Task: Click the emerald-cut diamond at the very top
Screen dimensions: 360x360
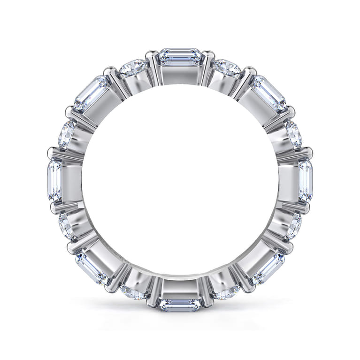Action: tap(180, 57)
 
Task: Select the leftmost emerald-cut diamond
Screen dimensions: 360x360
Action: tap(54, 180)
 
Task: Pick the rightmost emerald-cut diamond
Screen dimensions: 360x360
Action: tap(305, 180)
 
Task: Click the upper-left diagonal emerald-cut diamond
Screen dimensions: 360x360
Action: tap(91, 93)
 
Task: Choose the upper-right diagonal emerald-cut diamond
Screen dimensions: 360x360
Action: tap(268, 93)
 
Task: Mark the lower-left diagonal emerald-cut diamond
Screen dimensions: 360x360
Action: tap(91, 268)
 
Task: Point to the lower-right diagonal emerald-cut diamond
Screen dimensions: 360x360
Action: tap(268, 268)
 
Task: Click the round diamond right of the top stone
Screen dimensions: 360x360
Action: tap(228, 69)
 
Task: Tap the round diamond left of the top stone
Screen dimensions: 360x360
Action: tap(133, 69)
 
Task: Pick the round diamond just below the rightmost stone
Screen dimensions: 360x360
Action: tap(294, 226)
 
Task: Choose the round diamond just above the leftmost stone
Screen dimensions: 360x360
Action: tap(66, 134)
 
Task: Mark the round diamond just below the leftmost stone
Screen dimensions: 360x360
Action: tap(66, 226)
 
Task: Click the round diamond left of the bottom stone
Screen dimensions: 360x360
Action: tap(133, 292)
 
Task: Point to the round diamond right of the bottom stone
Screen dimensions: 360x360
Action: tap(227, 292)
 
